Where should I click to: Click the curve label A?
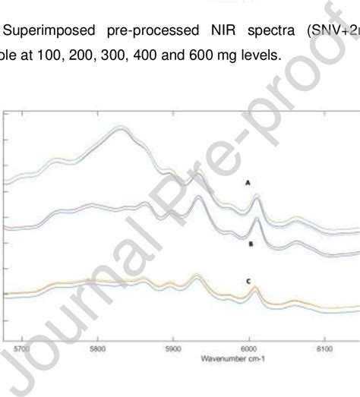[x=246, y=183]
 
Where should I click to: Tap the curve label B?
[x=249, y=244]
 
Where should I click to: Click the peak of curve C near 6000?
[x=254, y=288]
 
